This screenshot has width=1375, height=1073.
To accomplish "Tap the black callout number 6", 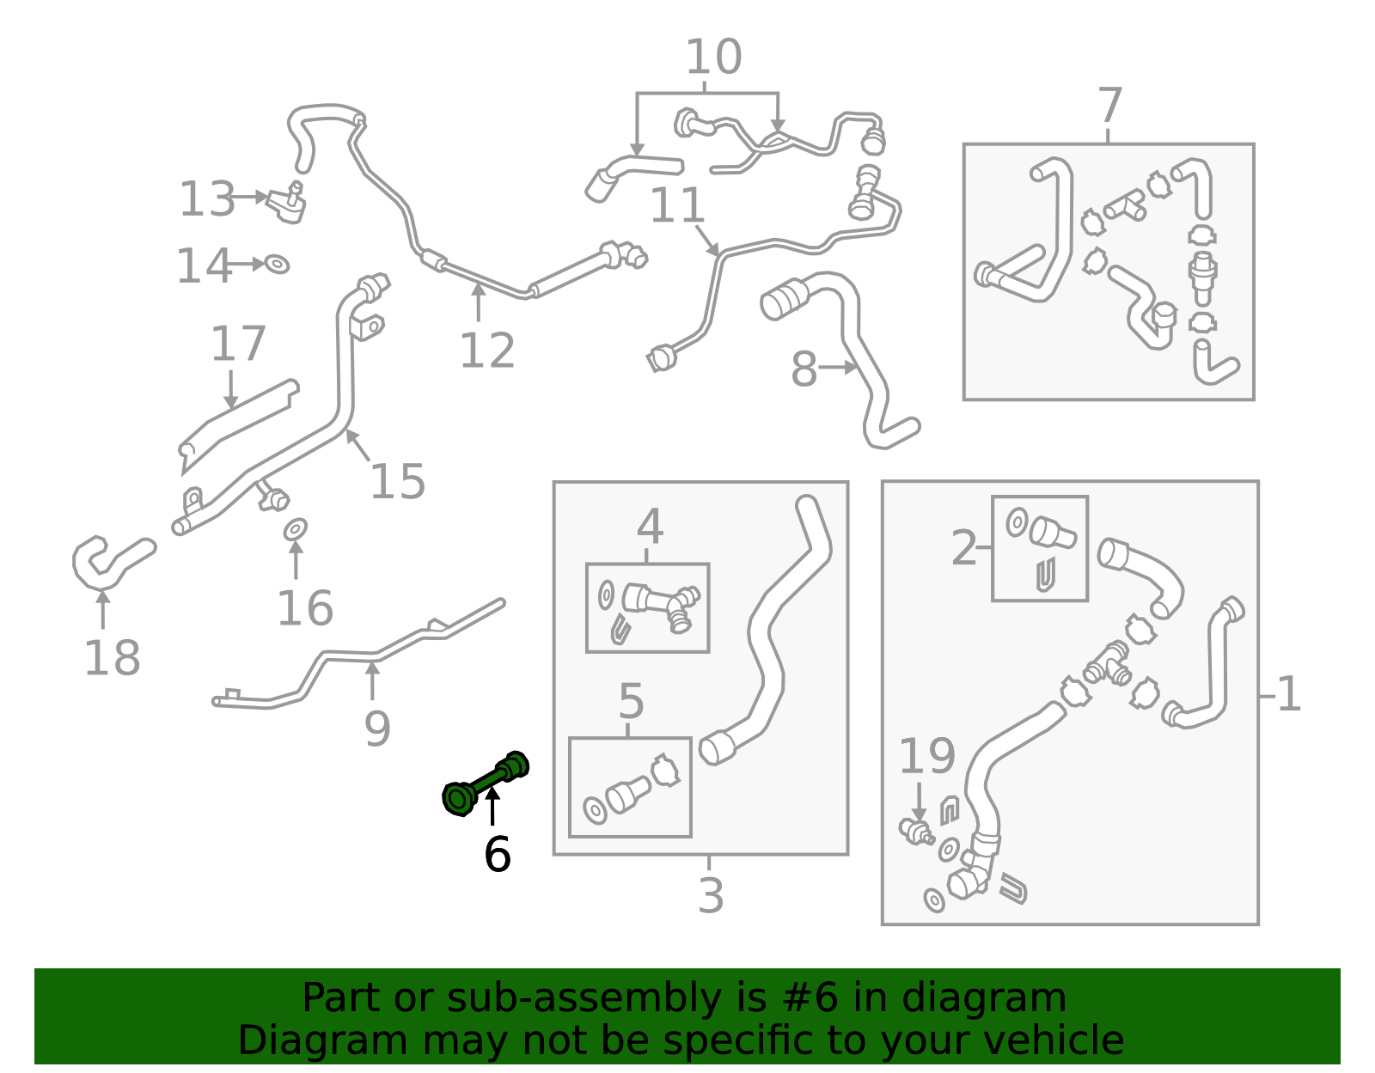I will (497, 854).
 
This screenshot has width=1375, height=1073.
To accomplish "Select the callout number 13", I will (206, 199).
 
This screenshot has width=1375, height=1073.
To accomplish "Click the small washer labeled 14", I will (277, 265).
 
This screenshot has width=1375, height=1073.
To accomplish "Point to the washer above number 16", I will (296, 529).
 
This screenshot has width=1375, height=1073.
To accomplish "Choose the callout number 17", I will (238, 344).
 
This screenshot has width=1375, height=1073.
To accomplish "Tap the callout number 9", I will (377, 729).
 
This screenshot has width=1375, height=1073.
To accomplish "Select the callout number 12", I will (487, 351).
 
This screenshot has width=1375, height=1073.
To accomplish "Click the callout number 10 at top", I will (713, 58).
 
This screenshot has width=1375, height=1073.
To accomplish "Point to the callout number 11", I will (677, 206).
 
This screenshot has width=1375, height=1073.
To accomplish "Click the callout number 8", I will (804, 369).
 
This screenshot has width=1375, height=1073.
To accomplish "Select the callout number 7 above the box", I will (1109, 106).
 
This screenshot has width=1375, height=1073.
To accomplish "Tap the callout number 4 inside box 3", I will (650, 527).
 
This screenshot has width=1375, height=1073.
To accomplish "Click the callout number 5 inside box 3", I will (631, 702).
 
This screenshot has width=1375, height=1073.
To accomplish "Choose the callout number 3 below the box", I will (711, 895).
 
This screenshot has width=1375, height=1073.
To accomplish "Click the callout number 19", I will (926, 756).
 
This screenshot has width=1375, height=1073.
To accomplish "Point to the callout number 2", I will (964, 547).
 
